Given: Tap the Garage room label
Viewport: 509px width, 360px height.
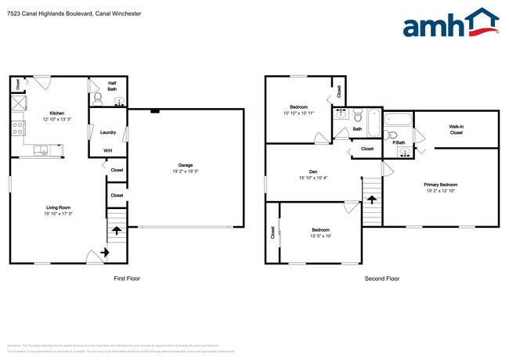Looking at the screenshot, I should (x=186, y=166).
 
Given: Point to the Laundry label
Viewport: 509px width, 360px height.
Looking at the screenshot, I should (x=108, y=132).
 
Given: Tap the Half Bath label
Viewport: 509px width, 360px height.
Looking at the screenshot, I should (x=112, y=87).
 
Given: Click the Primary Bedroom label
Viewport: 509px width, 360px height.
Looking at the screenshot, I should (x=442, y=185).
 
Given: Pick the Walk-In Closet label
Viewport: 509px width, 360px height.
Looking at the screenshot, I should (x=456, y=129).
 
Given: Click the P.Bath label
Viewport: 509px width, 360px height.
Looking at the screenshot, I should (x=400, y=142).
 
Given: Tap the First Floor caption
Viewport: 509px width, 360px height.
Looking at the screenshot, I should (x=127, y=278).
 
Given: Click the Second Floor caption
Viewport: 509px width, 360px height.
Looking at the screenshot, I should (x=381, y=278).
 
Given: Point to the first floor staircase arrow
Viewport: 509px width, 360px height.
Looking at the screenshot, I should (x=116, y=231).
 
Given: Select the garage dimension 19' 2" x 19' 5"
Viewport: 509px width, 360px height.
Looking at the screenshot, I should (x=186, y=172).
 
